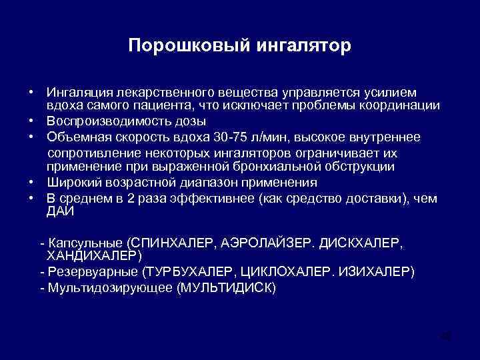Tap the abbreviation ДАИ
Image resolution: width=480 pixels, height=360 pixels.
pos(61,212)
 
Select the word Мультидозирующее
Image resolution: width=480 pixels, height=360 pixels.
pos(109,288)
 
